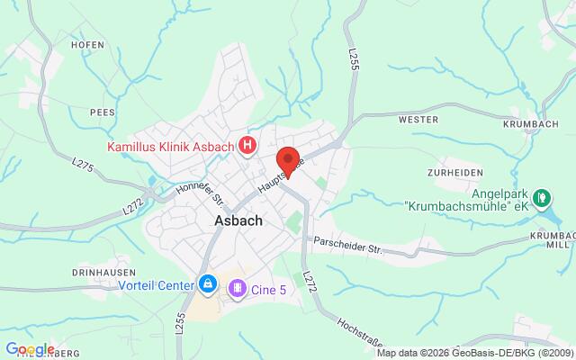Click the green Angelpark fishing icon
tap(541, 197)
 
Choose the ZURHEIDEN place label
tap(457, 172)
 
